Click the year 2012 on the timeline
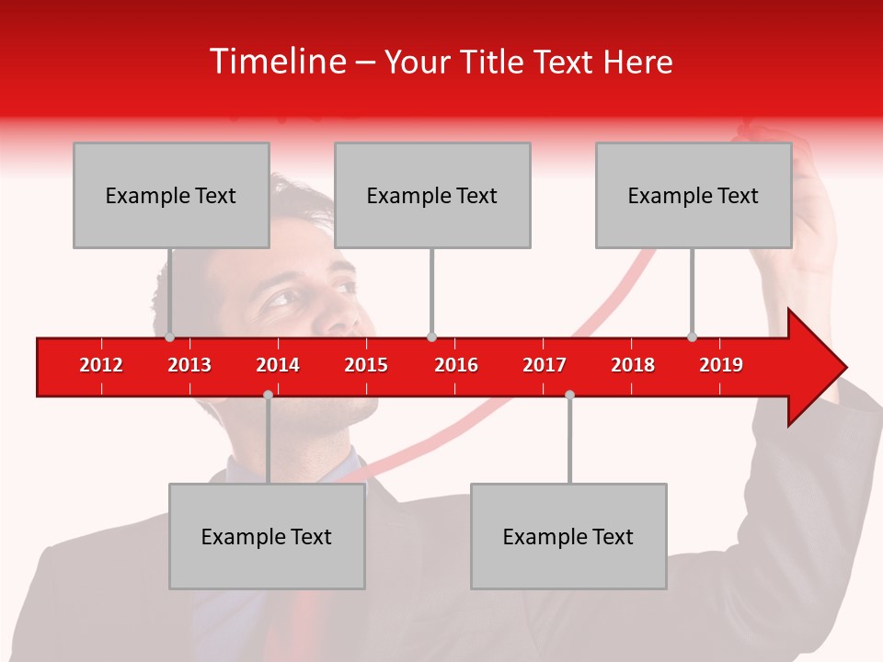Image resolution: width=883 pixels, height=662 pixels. point(101,365)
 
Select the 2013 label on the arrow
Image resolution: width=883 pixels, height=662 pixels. point(189,365)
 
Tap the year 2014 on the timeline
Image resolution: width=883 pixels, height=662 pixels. point(278,365)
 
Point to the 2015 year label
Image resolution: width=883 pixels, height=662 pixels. point(366,365)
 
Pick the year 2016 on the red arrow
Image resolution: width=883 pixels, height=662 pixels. point(456,365)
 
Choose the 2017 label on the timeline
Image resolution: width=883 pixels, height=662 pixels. point(545,365)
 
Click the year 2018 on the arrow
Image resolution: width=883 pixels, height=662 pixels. point(633,365)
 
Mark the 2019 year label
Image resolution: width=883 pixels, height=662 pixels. point(721,365)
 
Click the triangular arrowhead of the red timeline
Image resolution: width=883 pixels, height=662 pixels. point(815,368)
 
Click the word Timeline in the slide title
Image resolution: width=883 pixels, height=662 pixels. point(277,62)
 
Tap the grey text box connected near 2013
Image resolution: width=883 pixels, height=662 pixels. point(171,195)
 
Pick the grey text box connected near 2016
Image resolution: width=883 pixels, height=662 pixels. point(432,195)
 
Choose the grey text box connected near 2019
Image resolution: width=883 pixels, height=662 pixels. point(694,195)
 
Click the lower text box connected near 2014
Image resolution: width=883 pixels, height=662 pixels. point(267,536)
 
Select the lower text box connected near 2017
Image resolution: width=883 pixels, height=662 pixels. point(568,536)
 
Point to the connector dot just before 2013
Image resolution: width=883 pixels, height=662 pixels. point(169,337)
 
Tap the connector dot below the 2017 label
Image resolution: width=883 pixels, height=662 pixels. point(569,394)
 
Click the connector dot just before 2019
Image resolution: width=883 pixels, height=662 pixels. point(692,337)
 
